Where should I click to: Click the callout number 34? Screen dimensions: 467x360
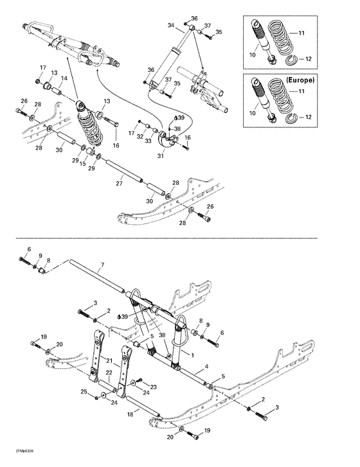(171, 25)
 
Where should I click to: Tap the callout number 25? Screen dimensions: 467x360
(84, 391)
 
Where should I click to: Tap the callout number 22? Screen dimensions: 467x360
(109, 373)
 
